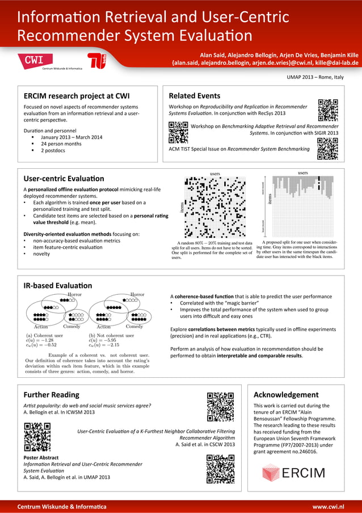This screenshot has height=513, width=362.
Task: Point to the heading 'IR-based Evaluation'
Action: (x=57, y=285)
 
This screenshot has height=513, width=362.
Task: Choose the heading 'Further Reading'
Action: (x=51, y=394)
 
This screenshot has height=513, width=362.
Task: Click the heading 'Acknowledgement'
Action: (x=286, y=394)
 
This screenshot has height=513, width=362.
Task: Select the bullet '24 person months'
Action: (x=61, y=144)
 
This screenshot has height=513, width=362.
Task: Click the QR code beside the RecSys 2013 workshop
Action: (x=328, y=110)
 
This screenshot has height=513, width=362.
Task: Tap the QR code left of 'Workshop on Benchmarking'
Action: (x=178, y=133)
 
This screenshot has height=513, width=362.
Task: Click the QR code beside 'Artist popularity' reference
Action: (x=220, y=407)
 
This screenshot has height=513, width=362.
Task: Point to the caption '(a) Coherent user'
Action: (x=44, y=335)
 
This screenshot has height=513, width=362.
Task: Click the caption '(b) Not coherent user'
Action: (x=111, y=335)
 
